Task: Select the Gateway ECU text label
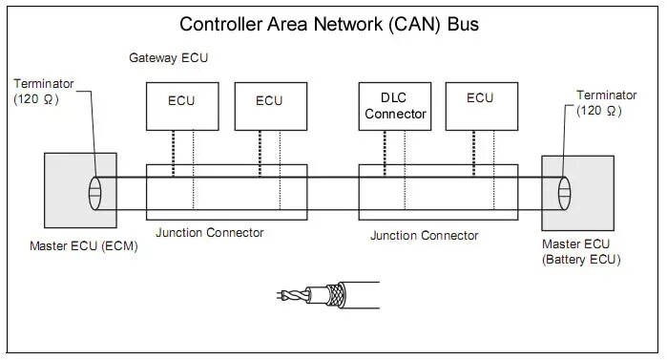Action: pyautogui.click(x=168, y=59)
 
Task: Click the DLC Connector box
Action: pyautogui.click(x=394, y=106)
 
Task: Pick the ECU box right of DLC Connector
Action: pyautogui.click(x=480, y=106)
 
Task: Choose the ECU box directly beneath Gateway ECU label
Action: pyautogui.click(x=181, y=106)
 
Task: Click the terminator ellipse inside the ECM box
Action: pyautogui.click(x=96, y=194)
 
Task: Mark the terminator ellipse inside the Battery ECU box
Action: pyautogui.click(x=565, y=194)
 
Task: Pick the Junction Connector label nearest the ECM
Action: pyautogui.click(x=209, y=233)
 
